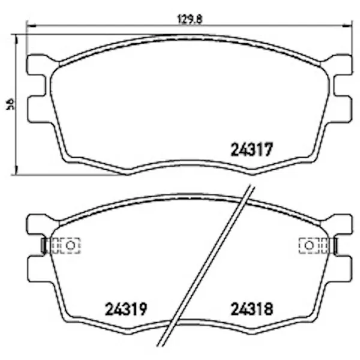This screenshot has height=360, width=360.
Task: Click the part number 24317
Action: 252,149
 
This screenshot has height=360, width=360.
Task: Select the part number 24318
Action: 252,309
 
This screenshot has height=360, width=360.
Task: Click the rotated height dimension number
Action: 10,104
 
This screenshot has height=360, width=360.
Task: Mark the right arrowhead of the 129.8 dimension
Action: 347,26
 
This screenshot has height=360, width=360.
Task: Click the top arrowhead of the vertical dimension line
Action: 16,37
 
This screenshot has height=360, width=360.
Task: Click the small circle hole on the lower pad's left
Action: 70,245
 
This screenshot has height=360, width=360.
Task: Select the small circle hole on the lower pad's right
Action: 309,245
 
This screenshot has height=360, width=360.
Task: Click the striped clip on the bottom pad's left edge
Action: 44,245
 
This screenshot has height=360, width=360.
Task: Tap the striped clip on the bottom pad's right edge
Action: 334,245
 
